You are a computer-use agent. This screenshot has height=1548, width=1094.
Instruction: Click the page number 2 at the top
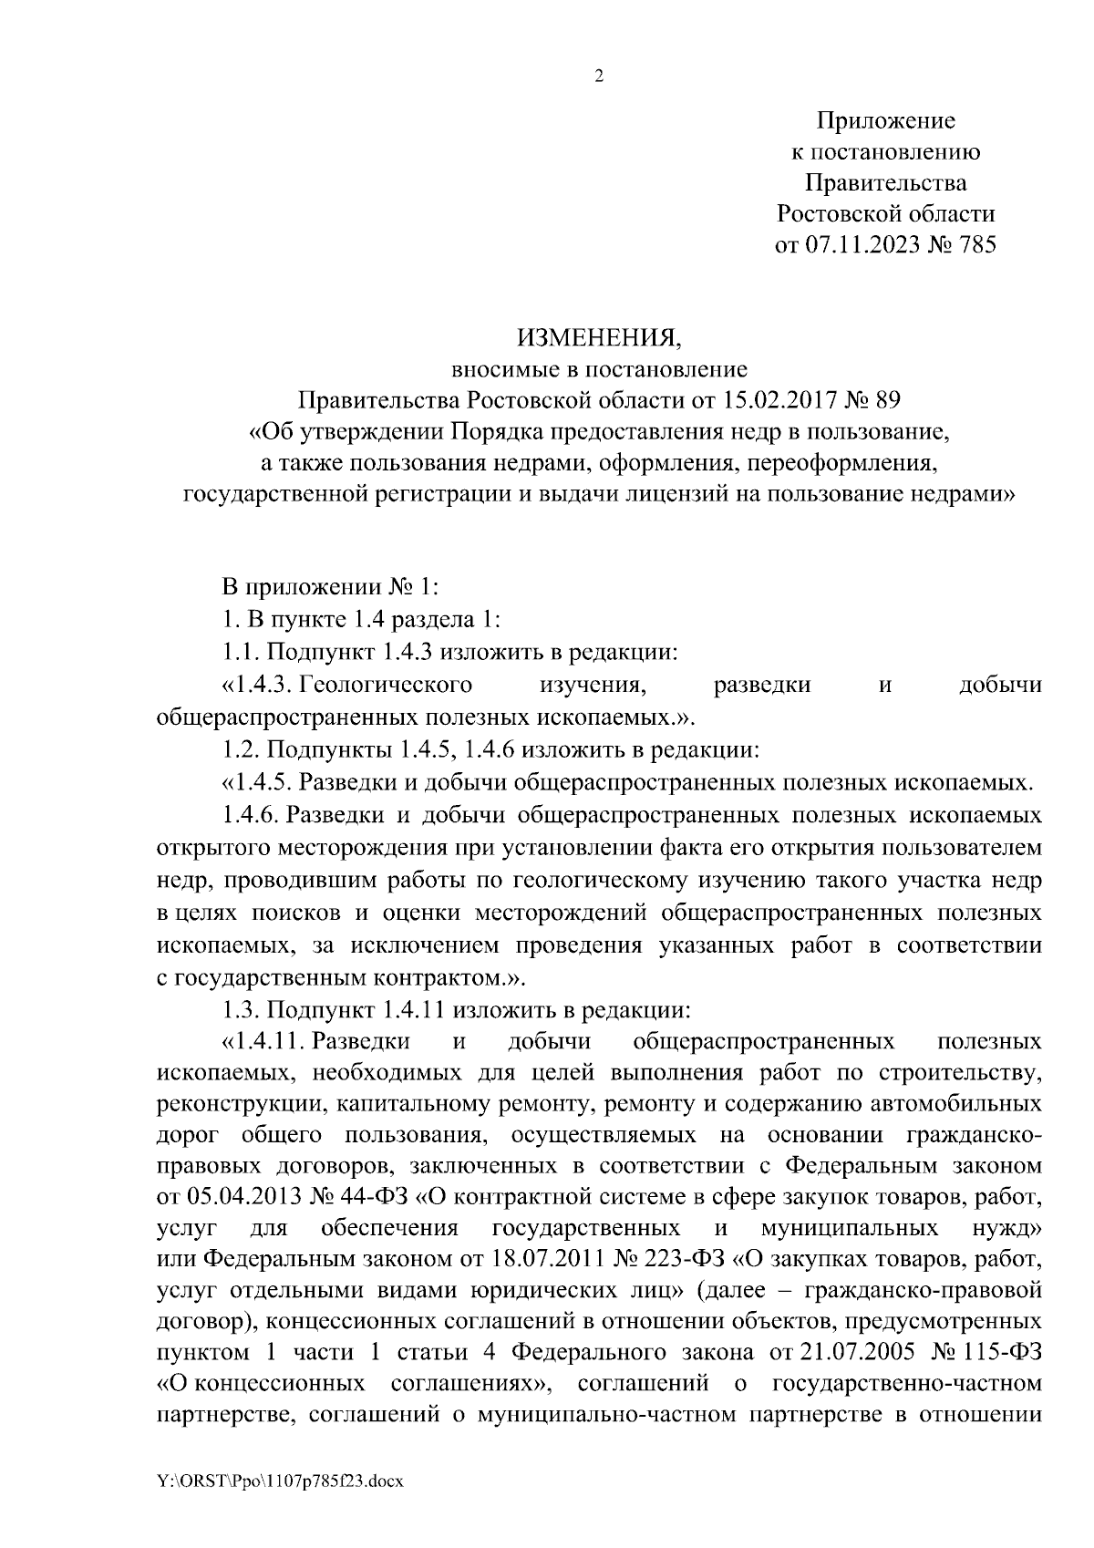point(599,77)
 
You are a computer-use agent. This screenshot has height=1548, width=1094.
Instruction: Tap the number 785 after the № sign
point(976,245)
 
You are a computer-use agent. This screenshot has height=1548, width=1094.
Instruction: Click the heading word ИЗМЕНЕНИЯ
point(599,338)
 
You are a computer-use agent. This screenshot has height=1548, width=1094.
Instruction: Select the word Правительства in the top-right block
point(885,183)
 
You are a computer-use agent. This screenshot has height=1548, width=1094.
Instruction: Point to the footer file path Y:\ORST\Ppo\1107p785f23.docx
point(280,1481)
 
